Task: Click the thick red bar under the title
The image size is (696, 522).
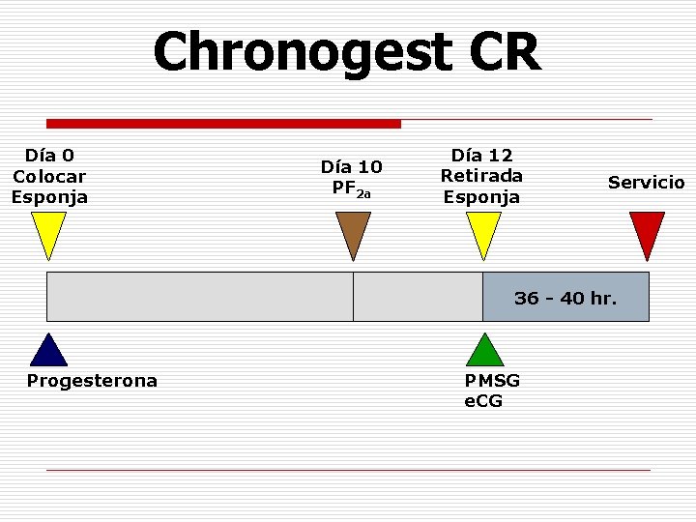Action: coord(223,124)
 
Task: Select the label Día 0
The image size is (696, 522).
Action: coord(49,155)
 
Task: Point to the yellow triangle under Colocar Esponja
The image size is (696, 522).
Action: coord(48,232)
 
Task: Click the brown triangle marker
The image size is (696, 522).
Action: coord(353,233)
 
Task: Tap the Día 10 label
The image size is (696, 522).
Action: coord(351,166)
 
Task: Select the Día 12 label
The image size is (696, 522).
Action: coord(481,155)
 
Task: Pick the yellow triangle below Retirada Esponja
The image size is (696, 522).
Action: coord(483,232)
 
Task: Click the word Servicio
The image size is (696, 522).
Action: coord(646,183)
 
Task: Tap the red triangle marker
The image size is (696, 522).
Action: coord(647,233)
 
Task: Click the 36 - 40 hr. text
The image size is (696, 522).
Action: coord(565,298)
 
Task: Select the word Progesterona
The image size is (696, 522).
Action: coord(92,381)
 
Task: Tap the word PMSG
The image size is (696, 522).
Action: coord(492,381)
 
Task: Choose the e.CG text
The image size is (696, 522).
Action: coord(483,400)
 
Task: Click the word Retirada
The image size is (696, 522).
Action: coord(481,176)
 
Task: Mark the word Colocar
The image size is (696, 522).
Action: coord(49,176)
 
